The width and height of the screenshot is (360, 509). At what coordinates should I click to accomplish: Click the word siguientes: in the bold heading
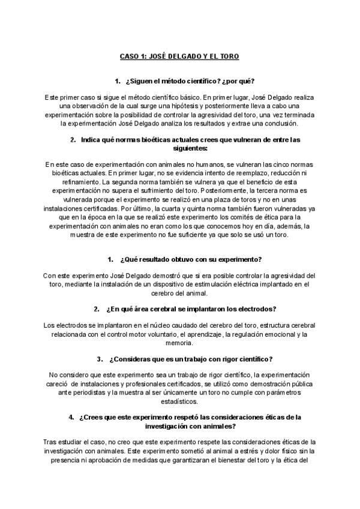(179, 148)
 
